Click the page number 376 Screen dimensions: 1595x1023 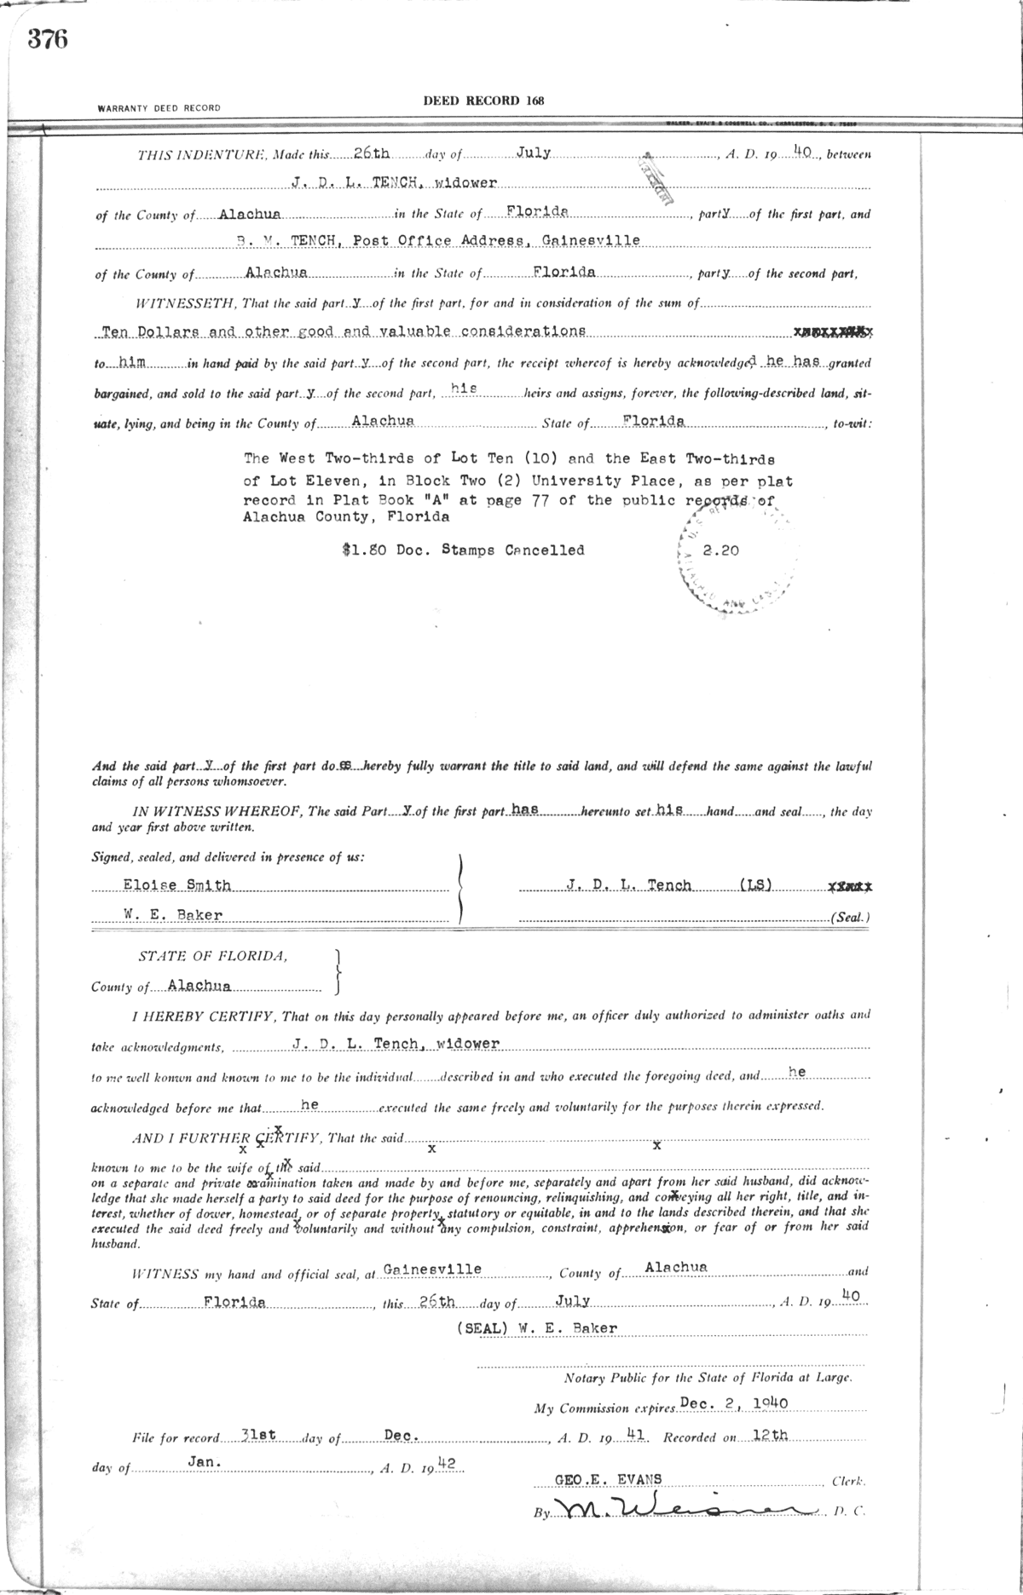47,39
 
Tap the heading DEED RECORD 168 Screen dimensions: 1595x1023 483,101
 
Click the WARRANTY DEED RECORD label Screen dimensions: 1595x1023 159,108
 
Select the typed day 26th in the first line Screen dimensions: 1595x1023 372,153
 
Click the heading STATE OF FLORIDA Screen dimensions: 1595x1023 213,956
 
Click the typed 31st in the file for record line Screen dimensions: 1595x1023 257,1436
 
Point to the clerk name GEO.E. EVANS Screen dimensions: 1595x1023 608,1479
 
